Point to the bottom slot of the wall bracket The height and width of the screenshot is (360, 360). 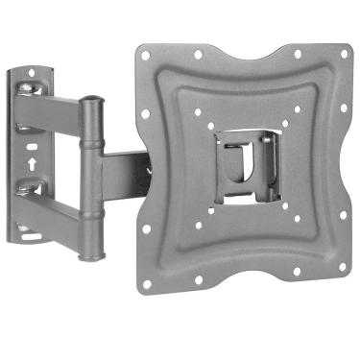pyautogui.click(x=32, y=232)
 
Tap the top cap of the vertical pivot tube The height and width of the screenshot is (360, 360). pyautogui.click(x=92, y=98)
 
